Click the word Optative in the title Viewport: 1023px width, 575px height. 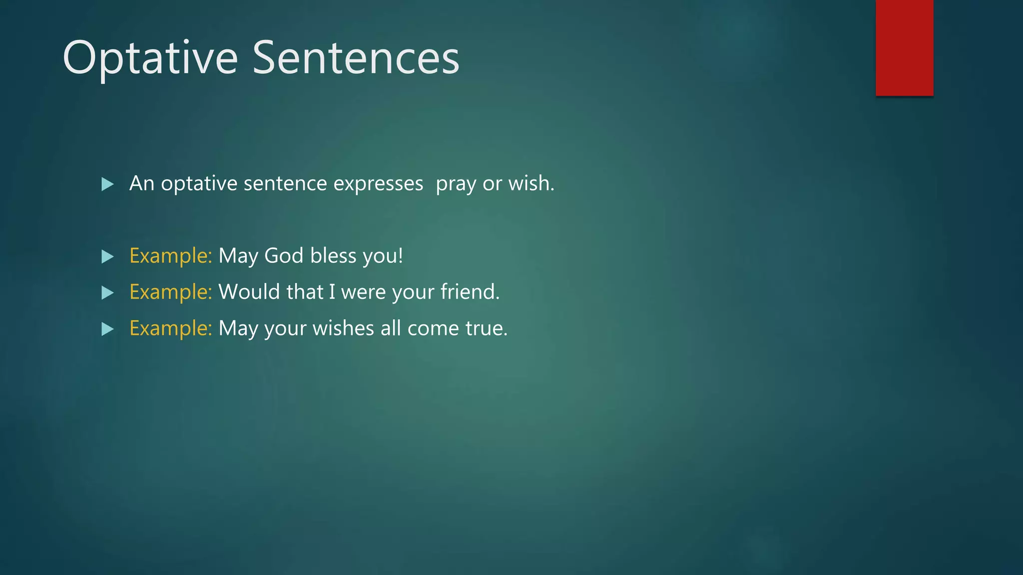[150, 58]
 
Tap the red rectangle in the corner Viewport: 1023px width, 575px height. [904, 47]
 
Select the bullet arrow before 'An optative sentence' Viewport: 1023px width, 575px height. [107, 184]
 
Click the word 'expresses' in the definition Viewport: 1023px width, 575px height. [378, 184]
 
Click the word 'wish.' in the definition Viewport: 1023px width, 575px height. [531, 184]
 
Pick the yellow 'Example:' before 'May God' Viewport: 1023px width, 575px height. [171, 256]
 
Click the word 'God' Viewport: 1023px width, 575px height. [284, 256]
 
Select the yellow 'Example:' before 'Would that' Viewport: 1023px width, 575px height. [171, 292]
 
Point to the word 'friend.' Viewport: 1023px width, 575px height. [470, 292]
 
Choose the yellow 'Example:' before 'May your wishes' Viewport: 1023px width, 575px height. [171, 328]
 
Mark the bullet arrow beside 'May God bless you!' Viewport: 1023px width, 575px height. [107, 257]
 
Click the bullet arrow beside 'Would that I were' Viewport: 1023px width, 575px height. [107, 292]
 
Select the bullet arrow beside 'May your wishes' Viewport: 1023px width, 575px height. [107, 329]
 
